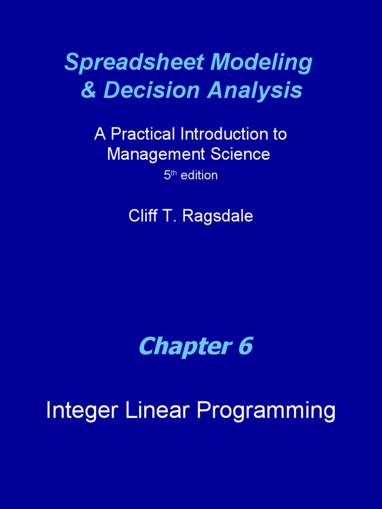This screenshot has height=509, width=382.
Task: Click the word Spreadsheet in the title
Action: (134, 63)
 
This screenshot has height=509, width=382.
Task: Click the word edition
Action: (199, 175)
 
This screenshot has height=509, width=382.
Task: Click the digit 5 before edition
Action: (167, 175)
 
